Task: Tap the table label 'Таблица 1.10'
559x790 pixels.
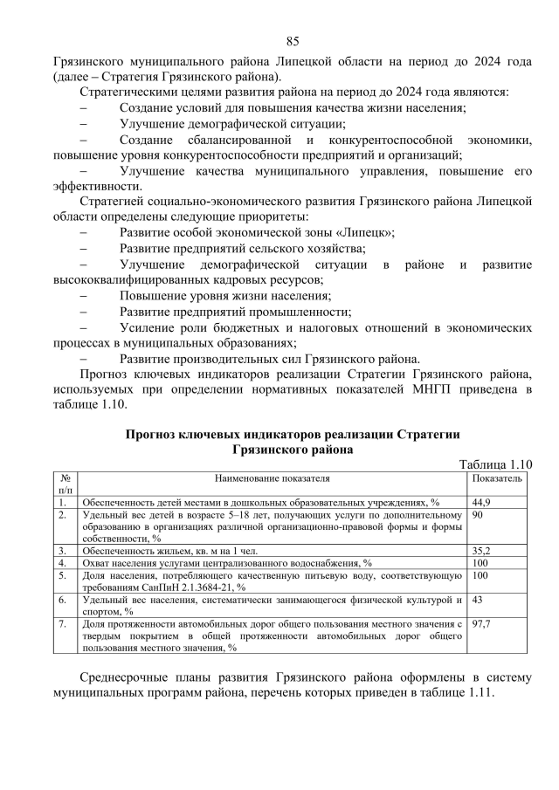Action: pos(496,464)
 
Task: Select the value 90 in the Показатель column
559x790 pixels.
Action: pos(478,515)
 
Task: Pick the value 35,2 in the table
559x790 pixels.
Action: pos(481,551)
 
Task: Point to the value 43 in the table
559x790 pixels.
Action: pos(478,600)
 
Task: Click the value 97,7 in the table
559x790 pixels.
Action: pos(481,624)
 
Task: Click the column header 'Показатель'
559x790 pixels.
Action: pos(497,478)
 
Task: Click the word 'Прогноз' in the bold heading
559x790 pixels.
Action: pos(155,434)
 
